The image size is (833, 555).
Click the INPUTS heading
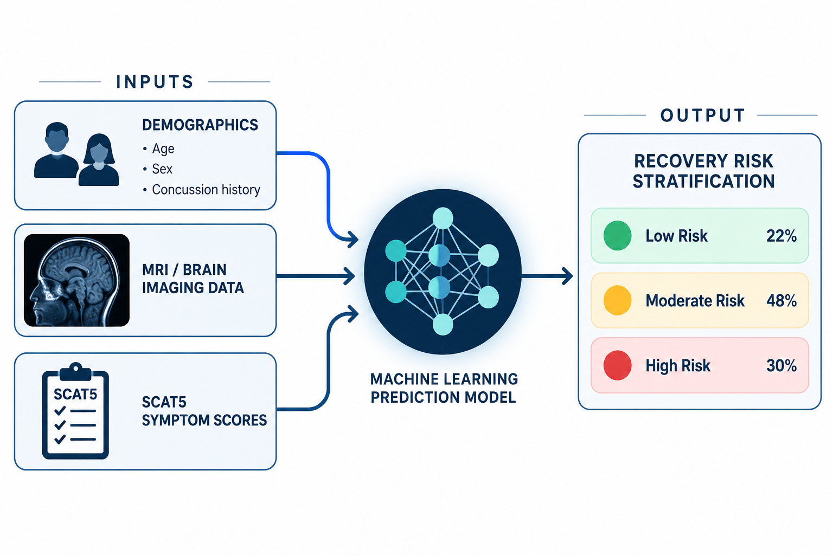(155, 82)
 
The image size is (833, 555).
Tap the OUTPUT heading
(703, 115)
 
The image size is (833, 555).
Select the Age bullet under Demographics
(158, 149)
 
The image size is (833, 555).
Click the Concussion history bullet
(202, 190)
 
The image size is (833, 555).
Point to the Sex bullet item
(158, 169)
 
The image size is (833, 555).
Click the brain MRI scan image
(76, 280)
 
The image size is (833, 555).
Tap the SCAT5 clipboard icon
(75, 410)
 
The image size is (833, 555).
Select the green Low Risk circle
(617, 235)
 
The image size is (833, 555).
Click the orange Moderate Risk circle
(617, 300)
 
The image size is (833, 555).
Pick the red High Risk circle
(617, 365)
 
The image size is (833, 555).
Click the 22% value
(781, 236)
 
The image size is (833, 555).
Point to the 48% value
(781, 300)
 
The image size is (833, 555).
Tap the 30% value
(781, 365)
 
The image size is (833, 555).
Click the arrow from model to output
(547, 276)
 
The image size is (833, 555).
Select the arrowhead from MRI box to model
(349, 276)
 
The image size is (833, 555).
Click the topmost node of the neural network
(443, 218)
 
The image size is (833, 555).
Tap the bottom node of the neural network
(443, 325)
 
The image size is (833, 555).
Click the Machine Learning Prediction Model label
(444, 388)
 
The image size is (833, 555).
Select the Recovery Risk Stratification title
(703, 171)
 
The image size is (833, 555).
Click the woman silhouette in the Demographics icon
(99, 160)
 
